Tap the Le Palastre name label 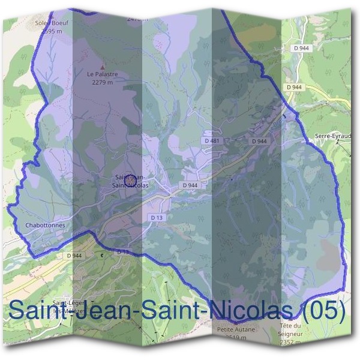point(103,74)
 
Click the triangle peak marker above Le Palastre point(103,67)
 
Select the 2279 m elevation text point(103,82)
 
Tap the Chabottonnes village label point(45,226)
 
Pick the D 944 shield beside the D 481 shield point(259,140)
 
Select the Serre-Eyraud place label point(332,136)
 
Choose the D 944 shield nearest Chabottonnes point(74,256)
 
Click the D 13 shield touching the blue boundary point(122,253)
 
